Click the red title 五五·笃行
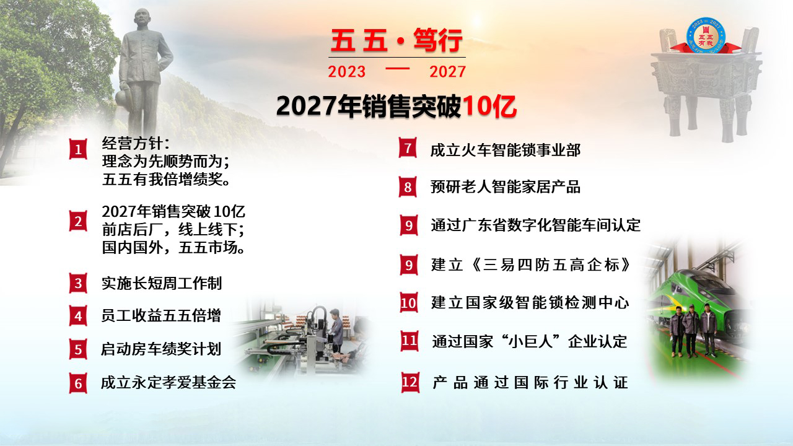(396, 41)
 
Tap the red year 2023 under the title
(346, 72)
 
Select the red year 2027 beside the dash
(447, 72)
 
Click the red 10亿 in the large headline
(489, 106)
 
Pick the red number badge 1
(78, 149)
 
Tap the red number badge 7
(408, 147)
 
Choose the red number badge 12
(410, 382)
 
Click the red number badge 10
(409, 303)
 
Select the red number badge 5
(78, 350)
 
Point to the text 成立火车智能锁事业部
(505, 150)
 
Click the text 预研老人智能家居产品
(505, 187)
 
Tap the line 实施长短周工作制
(162, 283)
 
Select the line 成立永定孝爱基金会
(169, 382)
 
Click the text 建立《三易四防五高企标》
(531, 265)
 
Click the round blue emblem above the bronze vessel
(706, 35)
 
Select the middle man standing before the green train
(691, 331)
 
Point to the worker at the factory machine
(335, 330)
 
